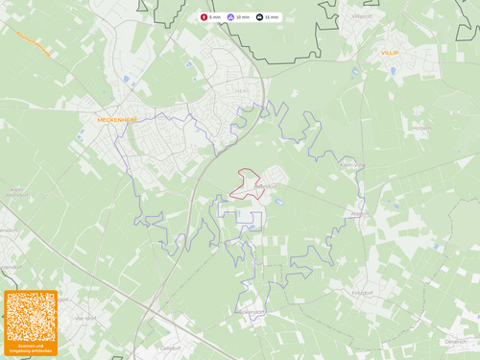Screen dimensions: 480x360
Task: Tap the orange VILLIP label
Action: coord(389,53)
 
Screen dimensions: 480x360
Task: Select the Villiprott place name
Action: coord(362,17)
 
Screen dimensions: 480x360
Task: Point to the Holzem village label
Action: coord(420,126)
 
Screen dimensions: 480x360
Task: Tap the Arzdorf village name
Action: coord(359,213)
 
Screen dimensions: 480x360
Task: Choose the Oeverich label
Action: coord(455,341)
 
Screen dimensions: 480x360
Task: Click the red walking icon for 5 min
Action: coord(204,17)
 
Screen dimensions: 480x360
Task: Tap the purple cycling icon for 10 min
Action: coord(230,17)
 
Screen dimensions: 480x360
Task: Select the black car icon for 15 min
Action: coord(260,17)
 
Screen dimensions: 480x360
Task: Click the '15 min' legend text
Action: coord(273,17)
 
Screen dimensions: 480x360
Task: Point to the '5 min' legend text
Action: coord(215,17)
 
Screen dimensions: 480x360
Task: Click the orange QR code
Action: coord(31,317)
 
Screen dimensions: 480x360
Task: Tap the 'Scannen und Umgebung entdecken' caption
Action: coord(31,348)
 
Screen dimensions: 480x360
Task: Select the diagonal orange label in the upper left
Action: coord(34,42)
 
